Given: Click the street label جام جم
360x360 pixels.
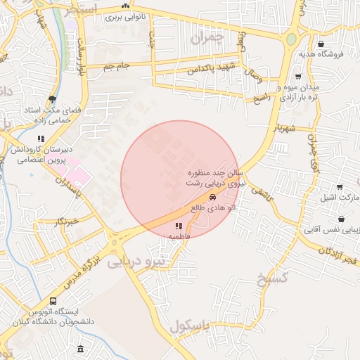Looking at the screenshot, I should click(117, 66).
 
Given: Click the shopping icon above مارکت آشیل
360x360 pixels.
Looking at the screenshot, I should click(340, 187).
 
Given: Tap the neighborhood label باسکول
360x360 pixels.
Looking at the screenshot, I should click(190, 326).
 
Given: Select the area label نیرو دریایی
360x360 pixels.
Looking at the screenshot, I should click(135, 262).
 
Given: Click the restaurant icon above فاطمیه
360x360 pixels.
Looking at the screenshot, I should click(179, 226).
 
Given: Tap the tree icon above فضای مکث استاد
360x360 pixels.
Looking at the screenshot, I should click(52, 99).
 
